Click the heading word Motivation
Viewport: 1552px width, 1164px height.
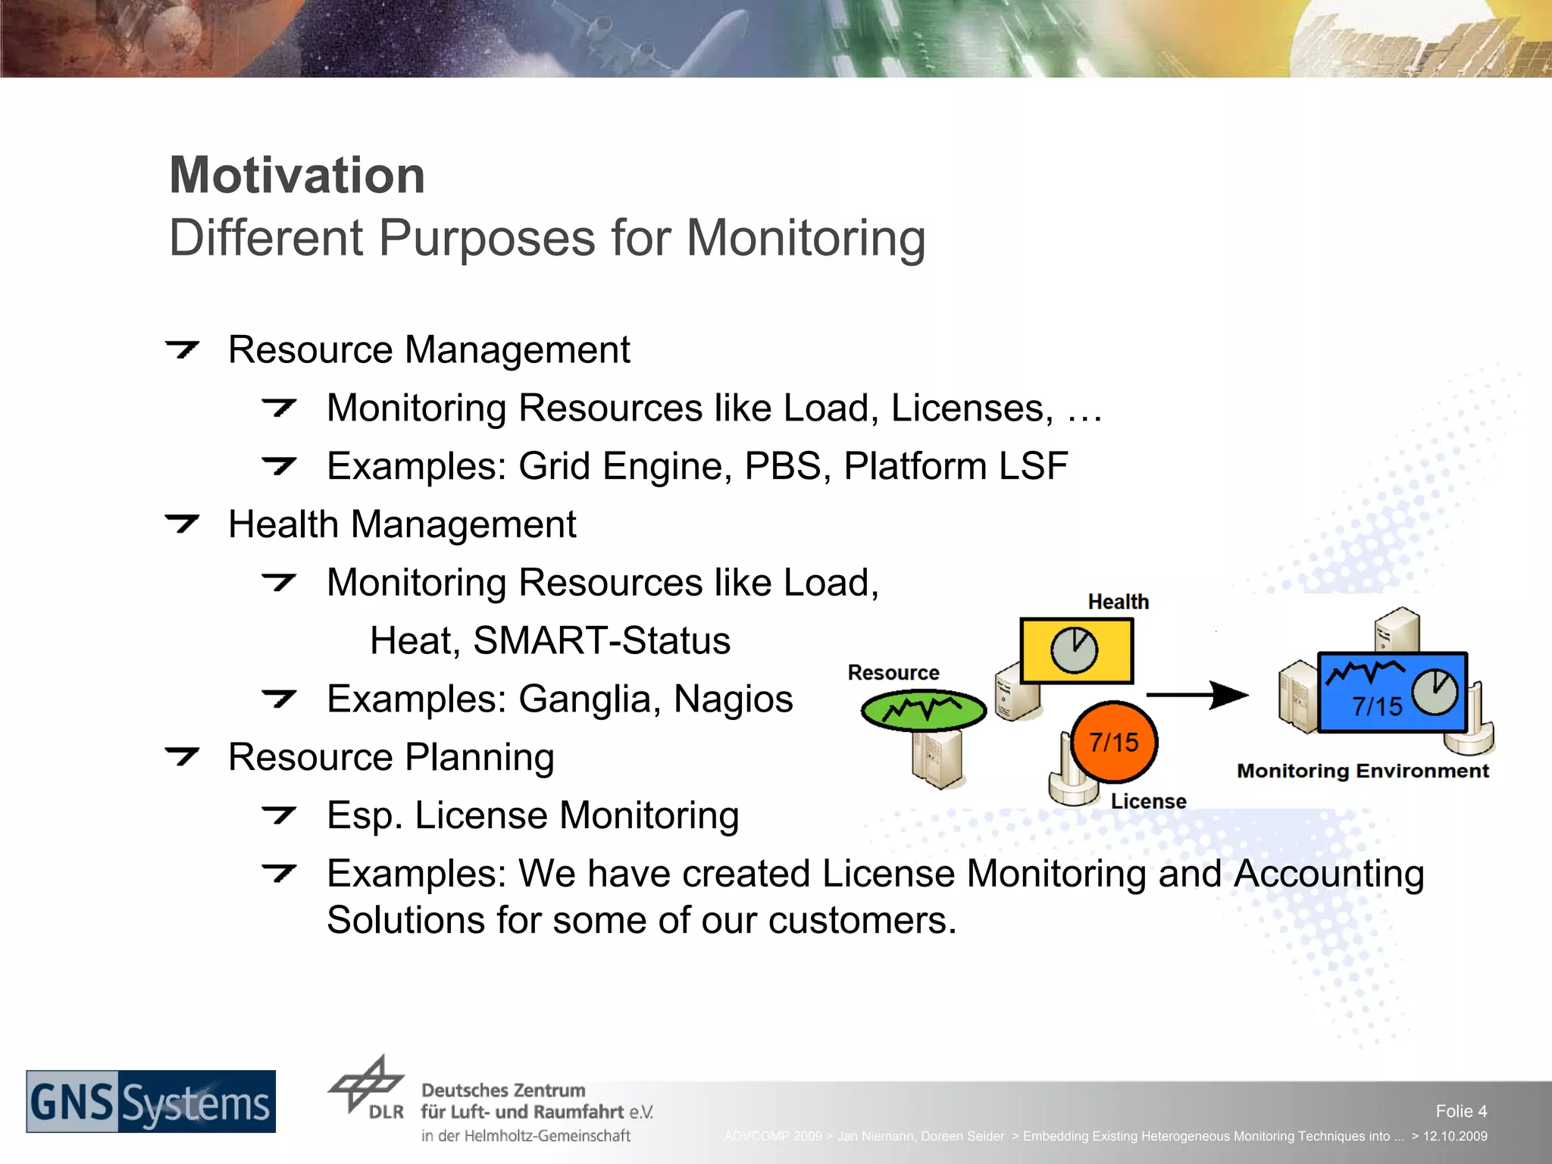click(x=297, y=176)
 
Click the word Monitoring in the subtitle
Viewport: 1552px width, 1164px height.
click(x=806, y=239)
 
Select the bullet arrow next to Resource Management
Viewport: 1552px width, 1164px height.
click(x=182, y=349)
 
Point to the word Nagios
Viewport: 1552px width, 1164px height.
click(x=733, y=699)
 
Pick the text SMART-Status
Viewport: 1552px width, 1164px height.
click(x=602, y=641)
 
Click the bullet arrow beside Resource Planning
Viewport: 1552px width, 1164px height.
click(x=182, y=756)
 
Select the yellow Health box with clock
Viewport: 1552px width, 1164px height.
click(x=1076, y=650)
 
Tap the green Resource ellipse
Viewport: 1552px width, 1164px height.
click(x=923, y=710)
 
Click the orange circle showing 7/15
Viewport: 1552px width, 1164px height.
click(x=1114, y=742)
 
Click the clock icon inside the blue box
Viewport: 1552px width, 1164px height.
click(x=1435, y=692)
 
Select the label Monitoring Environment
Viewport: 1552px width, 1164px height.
click(x=1363, y=771)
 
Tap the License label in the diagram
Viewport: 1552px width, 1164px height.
click(x=1148, y=802)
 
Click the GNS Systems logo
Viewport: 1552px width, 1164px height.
click(x=151, y=1102)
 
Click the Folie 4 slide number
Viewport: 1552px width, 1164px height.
click(x=1460, y=1111)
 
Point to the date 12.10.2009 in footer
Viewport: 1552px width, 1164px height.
click(x=1454, y=1136)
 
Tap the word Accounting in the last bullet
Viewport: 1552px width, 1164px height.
click(x=1328, y=874)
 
